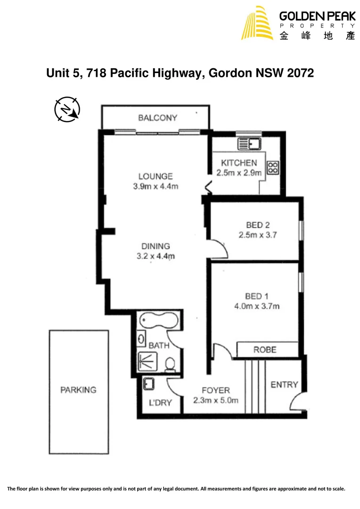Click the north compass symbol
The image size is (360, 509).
point(67,110)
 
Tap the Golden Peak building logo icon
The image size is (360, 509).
point(257,23)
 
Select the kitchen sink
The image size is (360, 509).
point(249,143)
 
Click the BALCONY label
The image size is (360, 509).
point(157,118)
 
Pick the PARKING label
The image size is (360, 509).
point(78,390)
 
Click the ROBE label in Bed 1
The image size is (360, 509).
point(265,350)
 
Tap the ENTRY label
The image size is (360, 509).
point(284,385)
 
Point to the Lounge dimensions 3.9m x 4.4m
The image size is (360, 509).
point(155,186)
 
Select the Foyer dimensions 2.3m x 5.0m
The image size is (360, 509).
point(215,401)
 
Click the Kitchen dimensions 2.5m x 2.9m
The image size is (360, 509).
point(239,172)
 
